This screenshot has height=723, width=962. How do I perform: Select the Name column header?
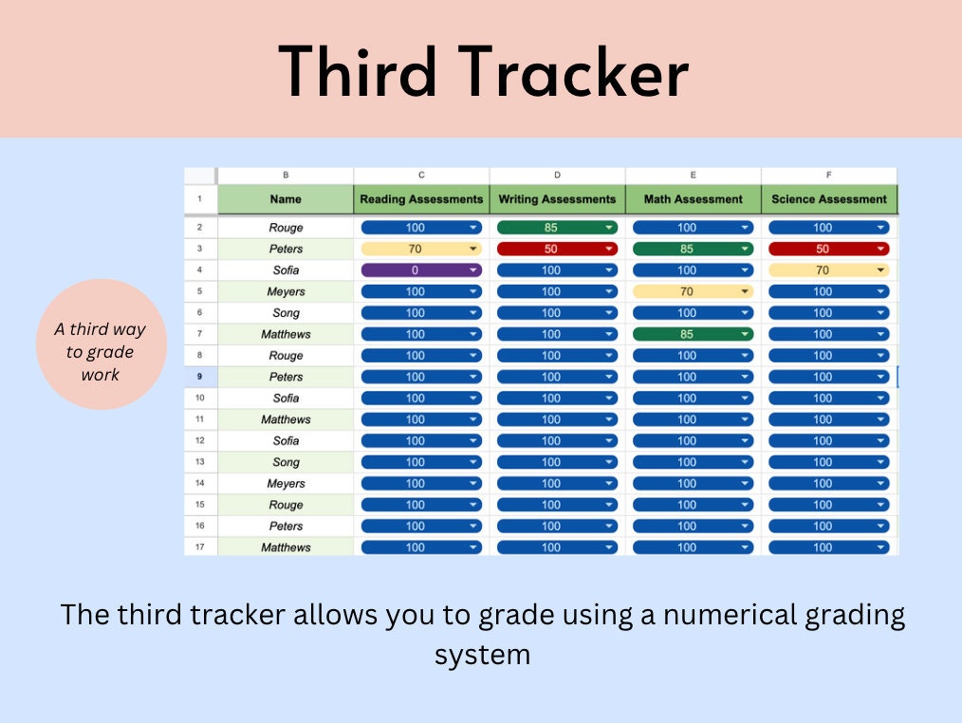point(286,199)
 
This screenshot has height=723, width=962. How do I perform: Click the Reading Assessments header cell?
point(421,199)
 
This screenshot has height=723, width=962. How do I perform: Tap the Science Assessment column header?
point(829,199)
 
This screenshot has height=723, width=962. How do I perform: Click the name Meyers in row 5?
point(286,291)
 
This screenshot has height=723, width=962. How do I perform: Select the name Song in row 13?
point(286,462)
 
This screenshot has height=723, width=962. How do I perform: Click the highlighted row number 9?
point(200,377)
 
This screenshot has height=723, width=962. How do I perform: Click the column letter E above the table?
point(694,176)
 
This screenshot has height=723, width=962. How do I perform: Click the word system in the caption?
point(482,655)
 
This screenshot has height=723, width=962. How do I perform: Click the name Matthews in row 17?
point(286,547)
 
